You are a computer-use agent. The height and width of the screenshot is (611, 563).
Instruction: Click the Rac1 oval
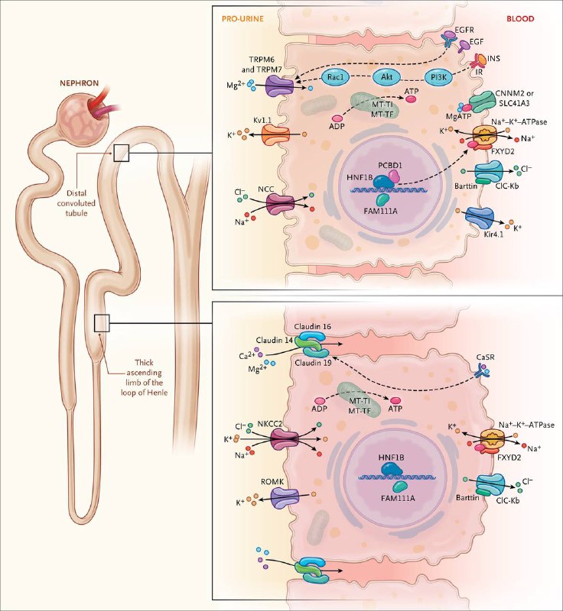click(335, 77)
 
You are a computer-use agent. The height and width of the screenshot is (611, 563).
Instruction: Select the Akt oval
click(386, 77)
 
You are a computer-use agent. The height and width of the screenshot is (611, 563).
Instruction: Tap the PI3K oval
click(438, 78)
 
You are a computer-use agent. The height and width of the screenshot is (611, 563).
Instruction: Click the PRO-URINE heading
click(242, 18)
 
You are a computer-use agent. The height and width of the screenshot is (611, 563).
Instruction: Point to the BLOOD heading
click(520, 18)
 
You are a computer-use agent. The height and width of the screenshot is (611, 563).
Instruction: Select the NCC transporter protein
click(280, 204)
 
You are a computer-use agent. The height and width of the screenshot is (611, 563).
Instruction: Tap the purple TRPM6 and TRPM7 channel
click(279, 86)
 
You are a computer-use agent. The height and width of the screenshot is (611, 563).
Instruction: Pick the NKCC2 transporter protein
click(285, 440)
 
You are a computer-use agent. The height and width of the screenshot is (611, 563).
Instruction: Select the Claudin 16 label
click(313, 326)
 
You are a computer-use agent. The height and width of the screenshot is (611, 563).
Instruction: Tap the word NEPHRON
click(80, 83)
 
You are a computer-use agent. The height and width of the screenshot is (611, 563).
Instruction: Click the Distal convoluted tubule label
click(76, 203)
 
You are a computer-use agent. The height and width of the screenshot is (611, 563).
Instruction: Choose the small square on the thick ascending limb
click(102, 323)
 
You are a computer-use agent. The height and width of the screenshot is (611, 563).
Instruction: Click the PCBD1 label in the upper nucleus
click(390, 165)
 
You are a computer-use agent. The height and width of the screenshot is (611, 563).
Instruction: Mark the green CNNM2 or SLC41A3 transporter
click(480, 102)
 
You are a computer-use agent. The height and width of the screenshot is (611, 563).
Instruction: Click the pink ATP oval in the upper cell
click(411, 99)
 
